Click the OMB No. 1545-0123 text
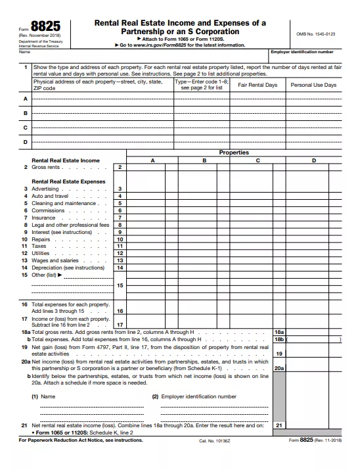[x=317, y=33]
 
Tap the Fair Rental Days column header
[x=257, y=85]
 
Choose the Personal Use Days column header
[x=313, y=85]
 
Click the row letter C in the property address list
[x=26, y=127]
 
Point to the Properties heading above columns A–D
[x=234, y=153]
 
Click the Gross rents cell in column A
[x=152, y=168]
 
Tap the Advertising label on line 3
[x=45, y=189]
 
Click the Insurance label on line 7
[x=43, y=218]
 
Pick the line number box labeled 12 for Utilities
[x=120, y=253]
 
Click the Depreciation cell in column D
[x=313, y=268]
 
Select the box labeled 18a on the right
[x=279, y=333]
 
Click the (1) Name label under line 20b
[x=43, y=396]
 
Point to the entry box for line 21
[x=315, y=426]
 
